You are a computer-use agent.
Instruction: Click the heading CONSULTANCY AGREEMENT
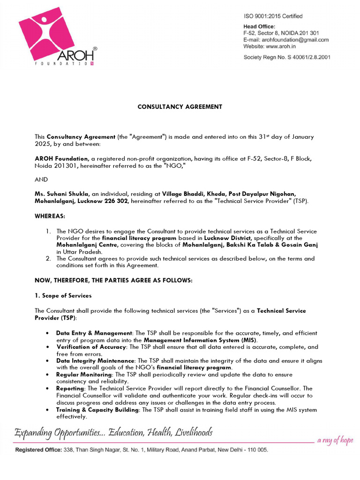click(180, 107)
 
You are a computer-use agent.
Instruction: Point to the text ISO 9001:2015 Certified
click(273, 16)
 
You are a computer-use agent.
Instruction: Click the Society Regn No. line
click(286, 57)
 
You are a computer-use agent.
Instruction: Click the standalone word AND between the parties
click(41, 180)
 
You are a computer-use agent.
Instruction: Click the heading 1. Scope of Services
click(63, 296)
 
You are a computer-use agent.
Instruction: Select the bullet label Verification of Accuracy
click(91, 347)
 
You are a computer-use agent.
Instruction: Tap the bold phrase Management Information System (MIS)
click(200, 340)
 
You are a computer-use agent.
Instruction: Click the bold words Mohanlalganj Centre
click(87, 245)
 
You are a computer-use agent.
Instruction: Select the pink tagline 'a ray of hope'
click(335, 440)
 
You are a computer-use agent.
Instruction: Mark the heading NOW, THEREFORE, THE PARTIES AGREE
click(113, 280)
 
